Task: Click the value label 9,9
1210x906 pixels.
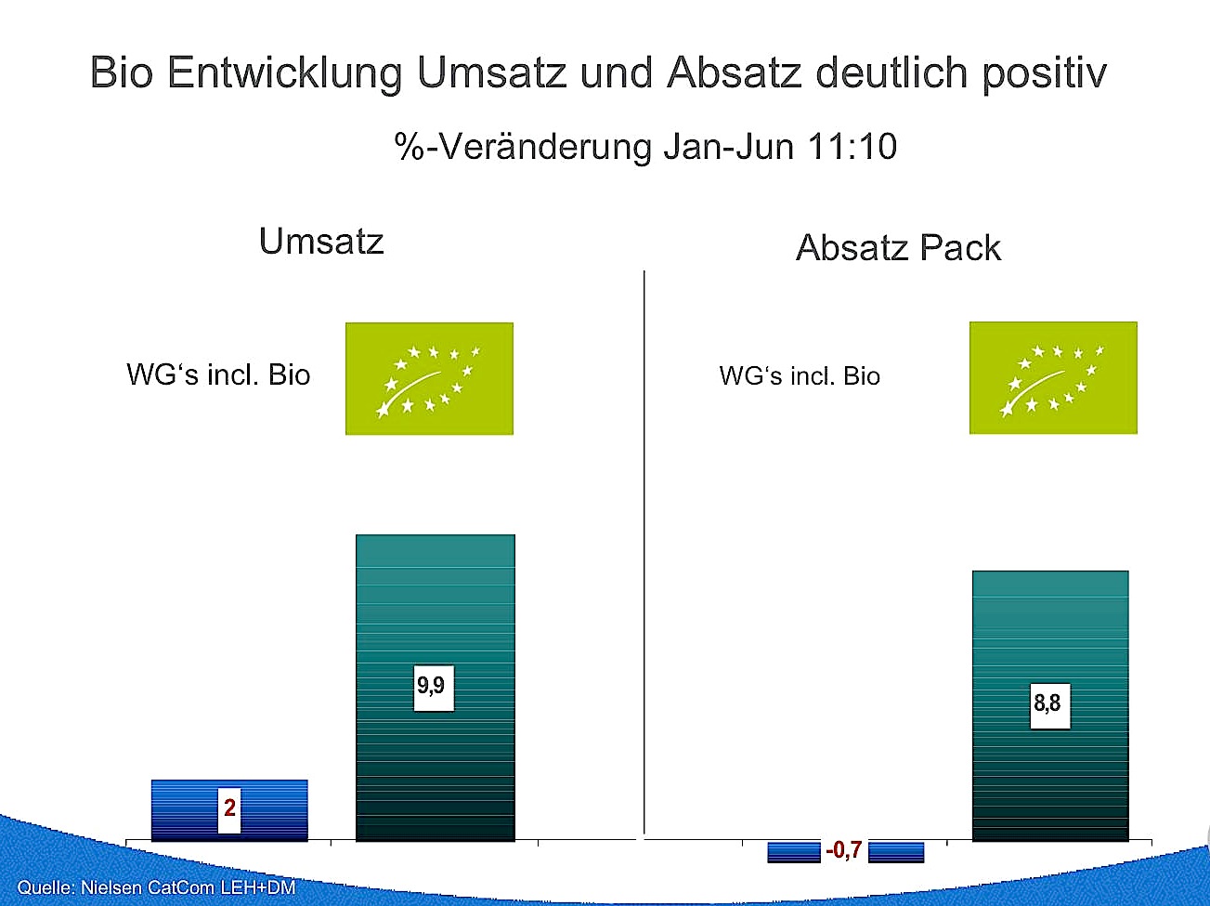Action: (x=434, y=688)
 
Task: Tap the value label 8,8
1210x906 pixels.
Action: (x=1050, y=705)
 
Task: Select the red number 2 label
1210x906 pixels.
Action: (x=229, y=809)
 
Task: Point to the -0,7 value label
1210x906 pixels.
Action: (x=844, y=849)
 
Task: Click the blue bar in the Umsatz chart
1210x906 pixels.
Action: (x=229, y=809)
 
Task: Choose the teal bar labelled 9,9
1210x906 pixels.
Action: (x=436, y=687)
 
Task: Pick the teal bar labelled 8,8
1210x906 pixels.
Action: (x=1050, y=705)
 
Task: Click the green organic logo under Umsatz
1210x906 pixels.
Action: (x=429, y=378)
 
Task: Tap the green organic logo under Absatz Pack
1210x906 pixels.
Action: (x=1053, y=377)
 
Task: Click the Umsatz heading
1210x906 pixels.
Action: (x=321, y=242)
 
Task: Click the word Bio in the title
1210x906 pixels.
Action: (x=122, y=72)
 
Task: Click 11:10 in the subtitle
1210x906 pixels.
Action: (x=852, y=147)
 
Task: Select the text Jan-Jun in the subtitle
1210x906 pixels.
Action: (x=729, y=147)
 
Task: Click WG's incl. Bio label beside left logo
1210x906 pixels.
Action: (x=218, y=375)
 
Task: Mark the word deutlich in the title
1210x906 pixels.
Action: (x=891, y=72)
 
